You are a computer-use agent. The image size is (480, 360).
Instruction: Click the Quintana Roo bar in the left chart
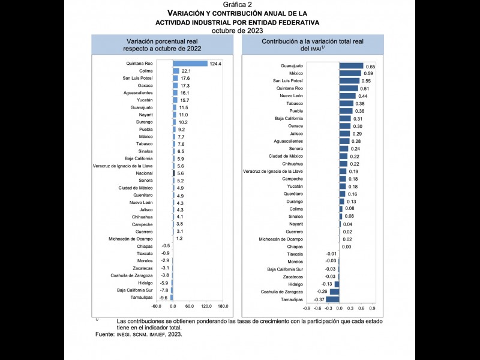coord(190,64)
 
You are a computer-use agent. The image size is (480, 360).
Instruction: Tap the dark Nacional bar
coord(174,173)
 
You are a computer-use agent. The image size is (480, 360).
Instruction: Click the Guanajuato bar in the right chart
coord(351,66)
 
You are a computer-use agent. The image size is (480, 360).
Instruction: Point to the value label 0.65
coord(371,66)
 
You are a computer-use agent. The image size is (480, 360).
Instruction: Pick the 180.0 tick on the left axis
coord(223,307)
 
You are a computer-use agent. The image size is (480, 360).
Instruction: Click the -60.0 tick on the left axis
coord(157,307)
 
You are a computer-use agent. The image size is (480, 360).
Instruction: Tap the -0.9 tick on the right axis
coord(307,308)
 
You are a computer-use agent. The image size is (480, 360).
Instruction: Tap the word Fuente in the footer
coord(104,335)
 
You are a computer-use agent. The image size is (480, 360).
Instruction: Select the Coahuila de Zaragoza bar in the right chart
coord(335,292)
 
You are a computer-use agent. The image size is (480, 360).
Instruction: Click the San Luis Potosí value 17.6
coord(185,79)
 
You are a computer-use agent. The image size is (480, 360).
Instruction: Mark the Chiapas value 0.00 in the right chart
coord(346,247)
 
